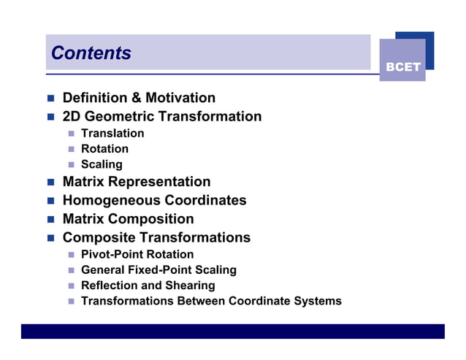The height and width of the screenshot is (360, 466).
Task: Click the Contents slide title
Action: (91, 53)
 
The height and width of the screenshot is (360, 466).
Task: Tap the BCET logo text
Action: (403, 67)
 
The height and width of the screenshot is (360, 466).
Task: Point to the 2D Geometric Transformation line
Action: (161, 116)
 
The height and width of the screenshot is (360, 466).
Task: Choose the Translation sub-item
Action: (112, 133)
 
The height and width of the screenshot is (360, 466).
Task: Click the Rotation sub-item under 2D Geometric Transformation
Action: (104, 149)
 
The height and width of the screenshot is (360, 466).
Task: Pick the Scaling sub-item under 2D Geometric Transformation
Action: (102, 164)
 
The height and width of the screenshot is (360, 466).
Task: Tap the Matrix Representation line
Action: (137, 182)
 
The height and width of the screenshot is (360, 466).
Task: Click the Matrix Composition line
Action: (129, 219)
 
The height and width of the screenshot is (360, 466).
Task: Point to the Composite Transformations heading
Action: (156, 237)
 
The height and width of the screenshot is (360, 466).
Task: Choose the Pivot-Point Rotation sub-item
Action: (137, 254)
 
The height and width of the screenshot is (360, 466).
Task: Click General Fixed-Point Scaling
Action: (158, 269)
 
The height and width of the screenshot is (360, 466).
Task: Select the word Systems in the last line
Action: (318, 301)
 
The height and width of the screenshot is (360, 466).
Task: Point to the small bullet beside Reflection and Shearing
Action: (72, 286)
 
